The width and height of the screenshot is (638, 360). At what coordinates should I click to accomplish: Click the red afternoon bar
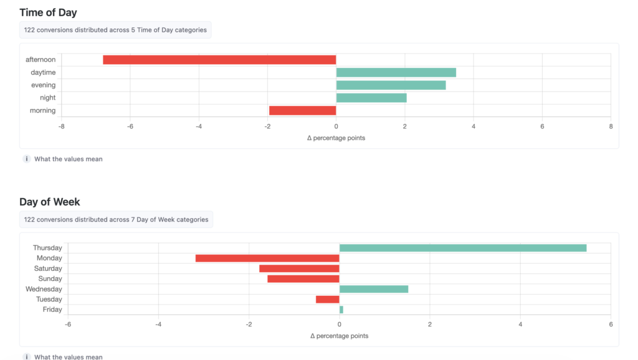click(219, 60)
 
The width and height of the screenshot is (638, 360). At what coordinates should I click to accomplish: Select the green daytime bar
click(396, 72)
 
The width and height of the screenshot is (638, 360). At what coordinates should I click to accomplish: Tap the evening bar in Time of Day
click(391, 85)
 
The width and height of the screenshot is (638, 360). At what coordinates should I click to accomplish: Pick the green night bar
click(371, 98)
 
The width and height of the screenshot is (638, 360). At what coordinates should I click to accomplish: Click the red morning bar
click(302, 110)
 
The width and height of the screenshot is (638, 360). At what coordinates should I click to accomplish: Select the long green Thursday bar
click(463, 248)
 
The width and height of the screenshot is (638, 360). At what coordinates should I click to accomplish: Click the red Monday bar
click(267, 258)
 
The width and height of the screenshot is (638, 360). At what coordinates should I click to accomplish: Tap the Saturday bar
click(299, 268)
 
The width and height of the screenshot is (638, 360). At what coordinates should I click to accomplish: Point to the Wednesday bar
click(374, 289)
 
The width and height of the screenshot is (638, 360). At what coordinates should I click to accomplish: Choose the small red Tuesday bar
click(328, 300)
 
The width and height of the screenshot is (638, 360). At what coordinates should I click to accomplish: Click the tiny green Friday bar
click(341, 310)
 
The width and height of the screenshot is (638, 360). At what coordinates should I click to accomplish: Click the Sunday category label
click(50, 279)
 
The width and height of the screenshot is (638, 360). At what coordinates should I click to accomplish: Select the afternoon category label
click(40, 60)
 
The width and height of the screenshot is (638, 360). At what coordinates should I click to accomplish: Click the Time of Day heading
click(48, 12)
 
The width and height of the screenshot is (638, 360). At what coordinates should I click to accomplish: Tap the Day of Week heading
click(50, 202)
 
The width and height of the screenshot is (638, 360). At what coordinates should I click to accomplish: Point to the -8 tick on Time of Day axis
click(61, 126)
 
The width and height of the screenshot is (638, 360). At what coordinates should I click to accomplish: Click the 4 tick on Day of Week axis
click(520, 324)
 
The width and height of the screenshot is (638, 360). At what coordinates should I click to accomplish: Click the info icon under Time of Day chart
click(27, 159)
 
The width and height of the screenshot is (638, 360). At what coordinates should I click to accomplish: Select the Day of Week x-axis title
click(339, 336)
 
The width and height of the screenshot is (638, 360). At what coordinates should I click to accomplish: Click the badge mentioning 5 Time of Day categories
click(115, 30)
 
